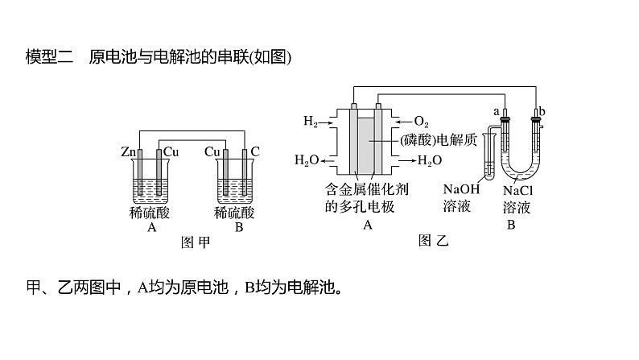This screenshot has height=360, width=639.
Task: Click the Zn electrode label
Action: [127, 151]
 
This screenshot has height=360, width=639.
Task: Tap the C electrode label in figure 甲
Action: [255, 151]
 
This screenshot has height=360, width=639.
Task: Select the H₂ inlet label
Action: [311, 122]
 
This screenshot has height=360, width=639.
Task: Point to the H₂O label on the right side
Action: [430, 161]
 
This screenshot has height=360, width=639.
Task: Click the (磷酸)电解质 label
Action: [439, 139]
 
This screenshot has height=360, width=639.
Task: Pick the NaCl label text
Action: [516, 192]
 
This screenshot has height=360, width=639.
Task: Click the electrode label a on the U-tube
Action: [497, 110]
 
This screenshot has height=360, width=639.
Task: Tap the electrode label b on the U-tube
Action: [542, 110]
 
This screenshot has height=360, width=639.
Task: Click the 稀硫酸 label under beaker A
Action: [150, 213]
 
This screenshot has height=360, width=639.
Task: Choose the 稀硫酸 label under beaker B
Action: [234, 213]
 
